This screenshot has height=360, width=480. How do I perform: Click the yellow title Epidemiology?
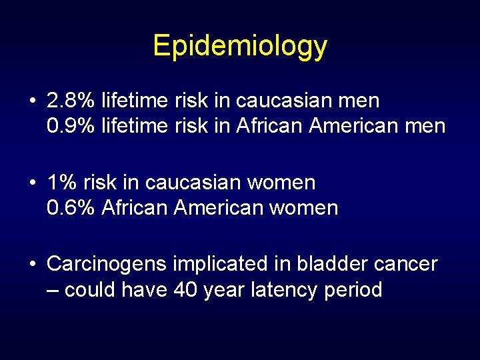[240, 46]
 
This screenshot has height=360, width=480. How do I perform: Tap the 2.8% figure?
[71, 101]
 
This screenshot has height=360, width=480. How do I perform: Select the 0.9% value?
[71, 126]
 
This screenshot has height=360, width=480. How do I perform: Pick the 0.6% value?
[71, 207]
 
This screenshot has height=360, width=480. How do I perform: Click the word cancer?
[405, 264]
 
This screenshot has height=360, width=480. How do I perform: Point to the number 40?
[186, 289]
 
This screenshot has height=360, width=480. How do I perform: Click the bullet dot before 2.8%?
[33, 101]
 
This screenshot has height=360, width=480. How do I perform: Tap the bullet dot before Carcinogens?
[33, 265]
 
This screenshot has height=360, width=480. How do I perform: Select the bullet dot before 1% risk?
[33, 183]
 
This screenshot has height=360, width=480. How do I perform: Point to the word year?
[227, 290]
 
